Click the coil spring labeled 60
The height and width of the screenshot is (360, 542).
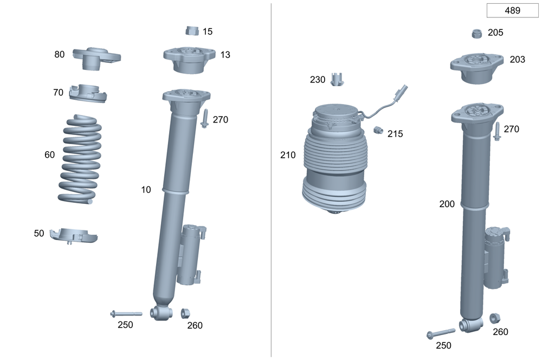click(x=80, y=159)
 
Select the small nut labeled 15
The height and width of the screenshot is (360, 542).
click(x=192, y=31)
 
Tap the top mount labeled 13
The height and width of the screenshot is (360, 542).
click(x=189, y=60)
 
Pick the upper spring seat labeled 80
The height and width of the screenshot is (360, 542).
click(x=96, y=58)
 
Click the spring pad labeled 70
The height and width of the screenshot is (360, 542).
click(x=88, y=93)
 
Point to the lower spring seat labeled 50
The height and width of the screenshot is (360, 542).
click(x=74, y=235)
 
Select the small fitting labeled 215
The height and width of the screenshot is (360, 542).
click(x=378, y=130)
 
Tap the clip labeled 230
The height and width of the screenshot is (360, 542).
click(x=337, y=80)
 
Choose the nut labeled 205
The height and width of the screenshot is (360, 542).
click(x=477, y=34)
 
